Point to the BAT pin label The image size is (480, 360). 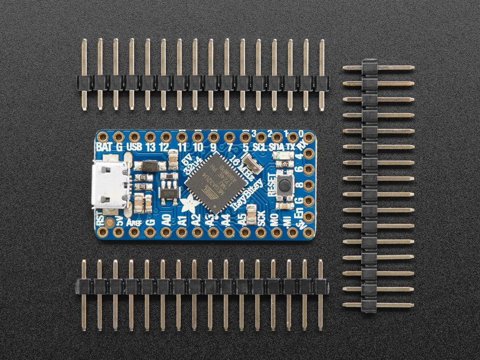pyautogui.click(x=104, y=147)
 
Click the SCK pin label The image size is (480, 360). pyautogui.click(x=261, y=222)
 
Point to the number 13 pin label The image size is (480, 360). pyautogui.click(x=150, y=147)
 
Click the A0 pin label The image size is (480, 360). pyautogui.click(x=166, y=222)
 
